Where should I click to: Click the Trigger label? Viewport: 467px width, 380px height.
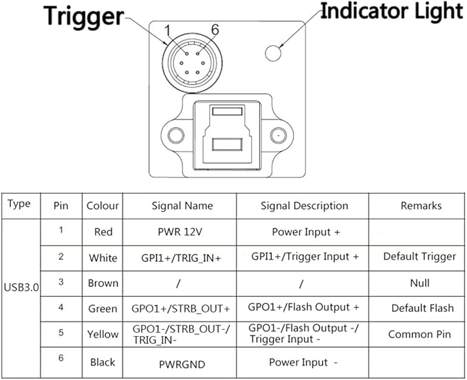84,16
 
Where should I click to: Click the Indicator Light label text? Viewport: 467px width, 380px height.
391,11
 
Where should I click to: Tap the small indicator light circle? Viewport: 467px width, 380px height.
273,54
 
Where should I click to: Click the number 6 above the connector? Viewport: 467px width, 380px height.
215,30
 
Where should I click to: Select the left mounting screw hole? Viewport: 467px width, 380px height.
176,135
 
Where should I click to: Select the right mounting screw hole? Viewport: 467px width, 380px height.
279,135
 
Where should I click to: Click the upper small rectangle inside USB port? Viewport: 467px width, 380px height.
227,111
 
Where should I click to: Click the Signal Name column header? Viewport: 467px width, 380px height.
182,205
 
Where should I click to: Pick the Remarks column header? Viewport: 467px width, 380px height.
421,205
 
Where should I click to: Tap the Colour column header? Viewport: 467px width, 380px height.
102,205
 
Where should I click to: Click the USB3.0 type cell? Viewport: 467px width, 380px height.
21,287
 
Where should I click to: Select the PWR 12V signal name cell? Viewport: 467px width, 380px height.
180,232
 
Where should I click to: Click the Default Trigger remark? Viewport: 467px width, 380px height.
420,256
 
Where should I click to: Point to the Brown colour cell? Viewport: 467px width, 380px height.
103,283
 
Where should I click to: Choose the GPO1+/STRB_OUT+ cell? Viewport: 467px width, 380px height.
180,309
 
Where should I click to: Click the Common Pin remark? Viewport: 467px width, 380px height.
420,334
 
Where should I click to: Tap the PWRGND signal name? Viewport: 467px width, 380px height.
182,364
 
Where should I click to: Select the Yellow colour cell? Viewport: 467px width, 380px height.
102,334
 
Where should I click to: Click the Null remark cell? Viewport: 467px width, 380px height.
420,283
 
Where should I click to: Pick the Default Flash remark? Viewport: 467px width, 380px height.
422,309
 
